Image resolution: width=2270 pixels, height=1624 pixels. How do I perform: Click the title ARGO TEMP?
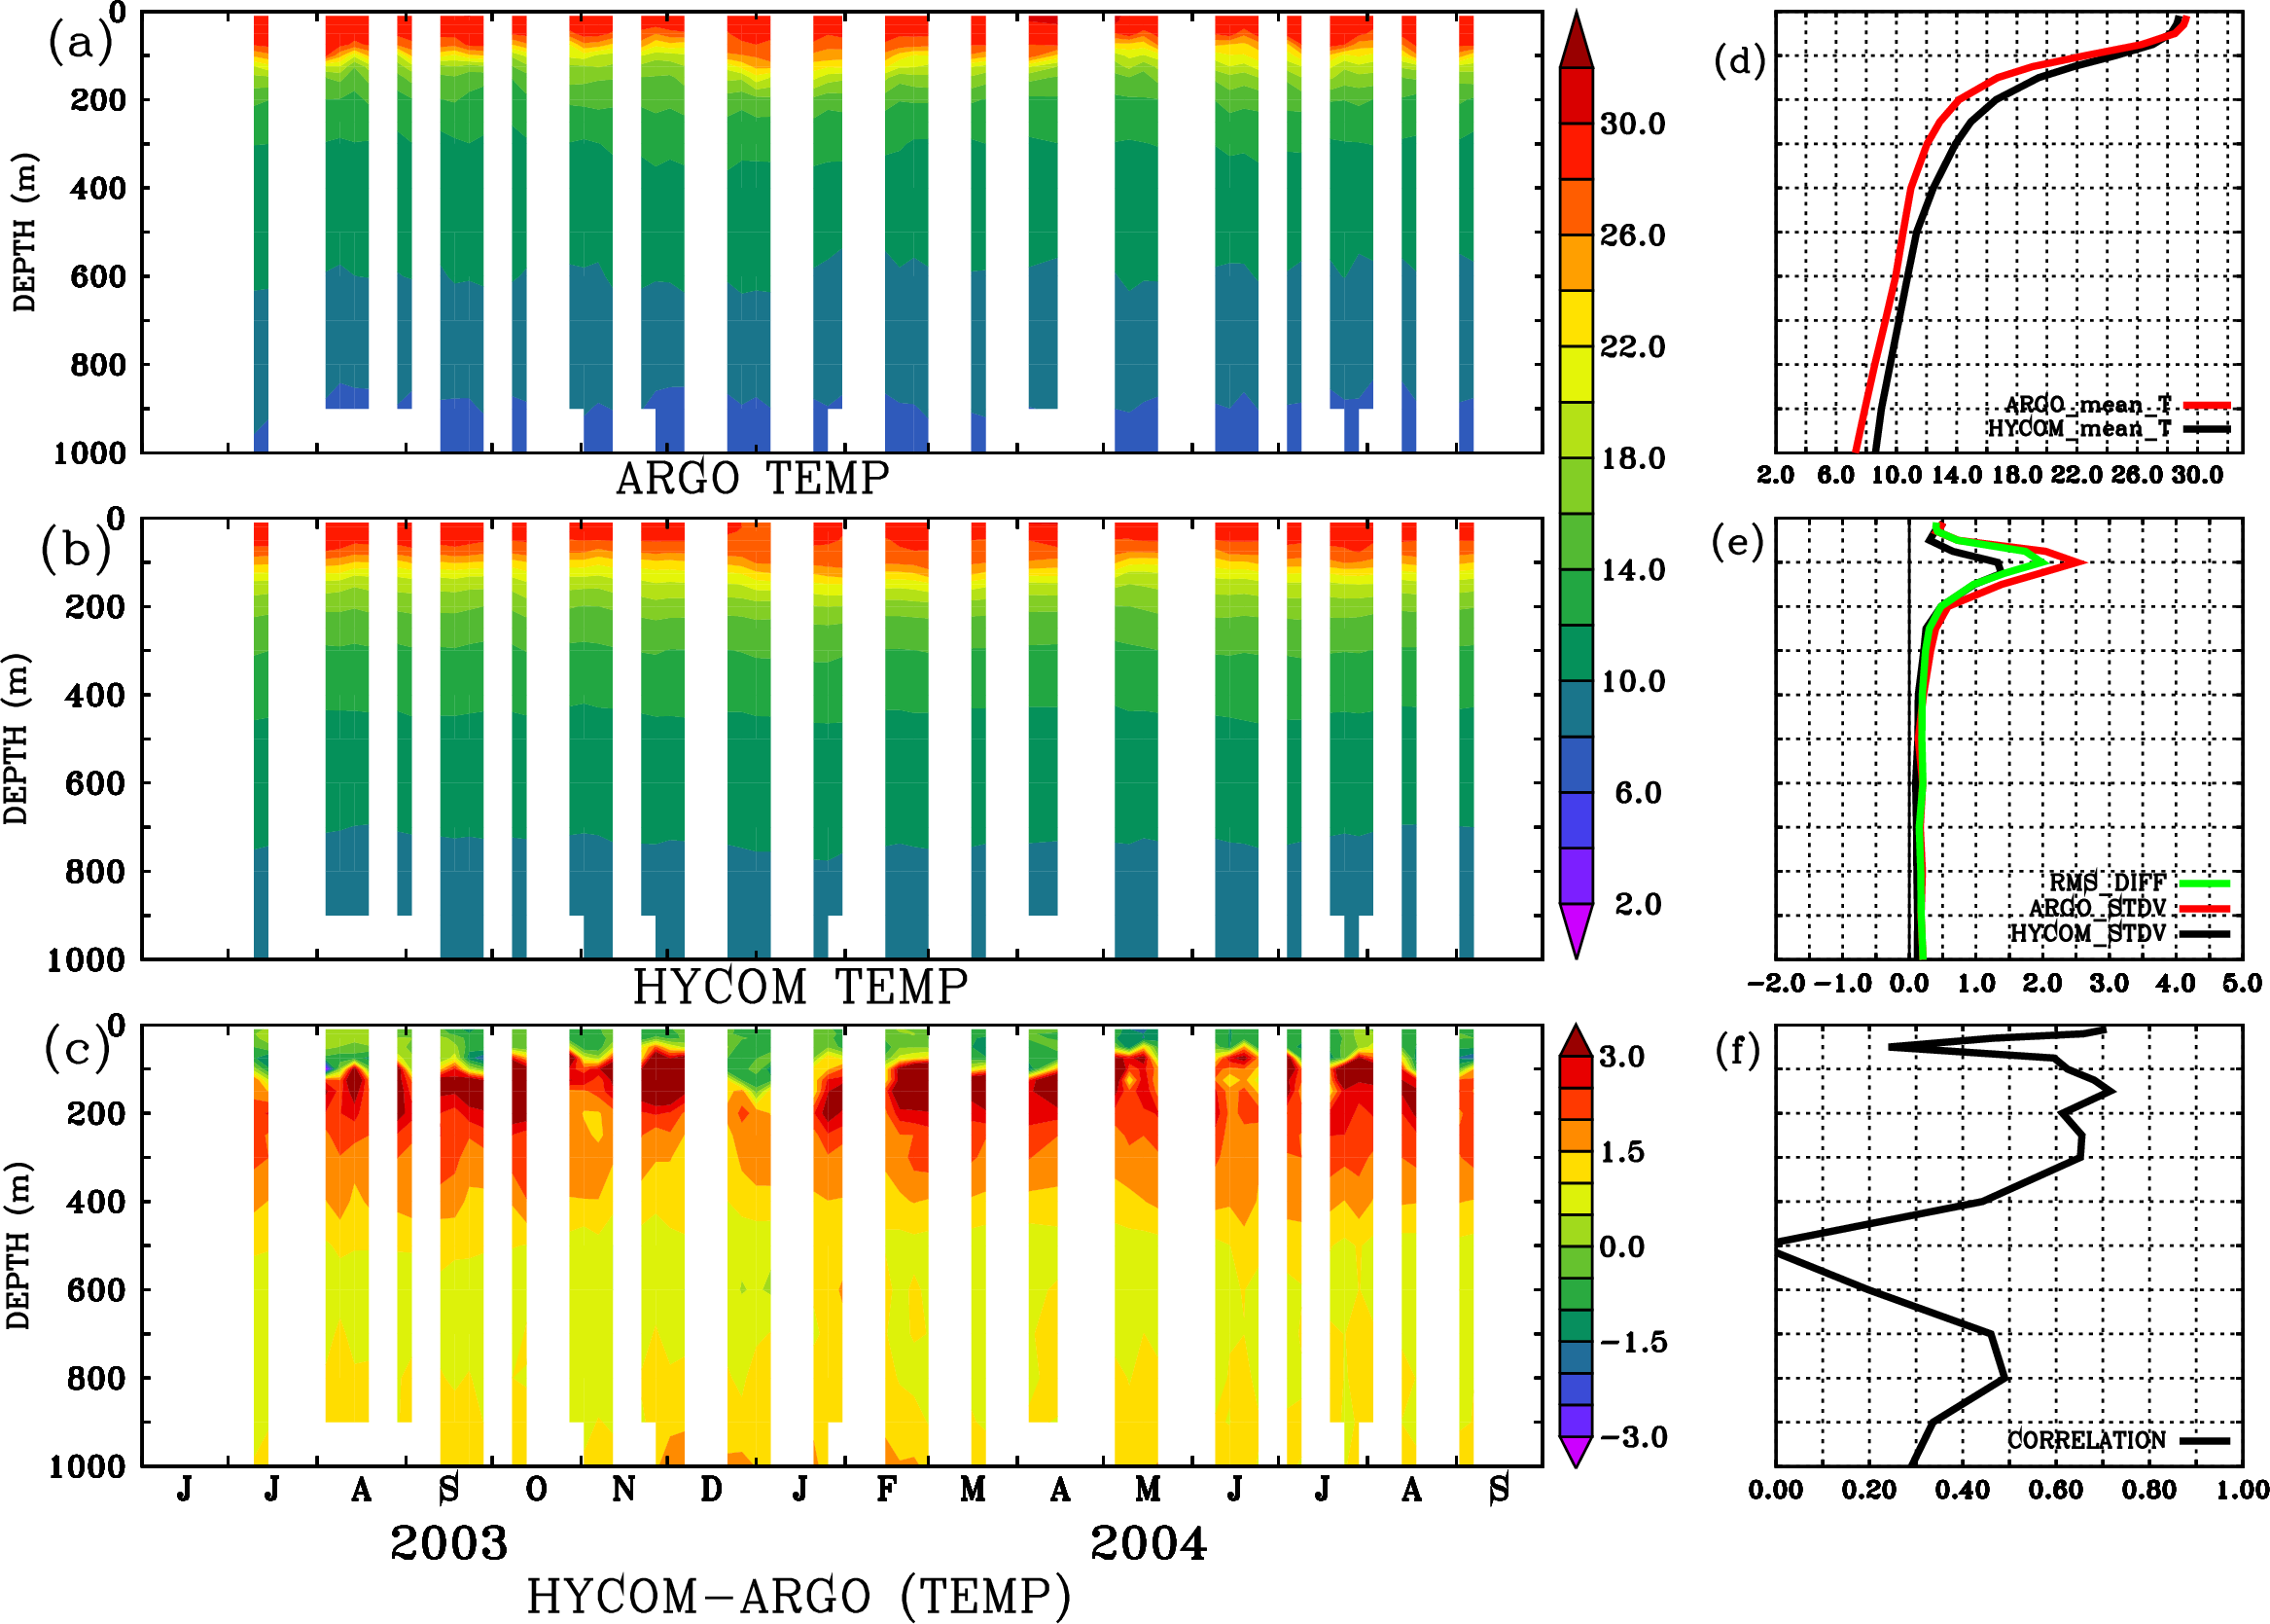coord(752,479)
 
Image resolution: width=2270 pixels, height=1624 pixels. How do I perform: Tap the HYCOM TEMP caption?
coord(799,987)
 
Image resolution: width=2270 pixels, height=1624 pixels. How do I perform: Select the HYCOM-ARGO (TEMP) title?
coord(798,1596)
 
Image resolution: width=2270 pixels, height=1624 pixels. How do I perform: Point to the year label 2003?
coord(448,1543)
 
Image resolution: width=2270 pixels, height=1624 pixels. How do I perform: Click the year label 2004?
coord(1149,1543)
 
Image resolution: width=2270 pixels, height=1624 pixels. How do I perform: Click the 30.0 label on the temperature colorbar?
coord(1632,124)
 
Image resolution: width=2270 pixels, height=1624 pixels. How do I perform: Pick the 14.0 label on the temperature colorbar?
coord(1632,570)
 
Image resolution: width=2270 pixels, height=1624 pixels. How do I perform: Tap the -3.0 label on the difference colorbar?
coord(1632,1437)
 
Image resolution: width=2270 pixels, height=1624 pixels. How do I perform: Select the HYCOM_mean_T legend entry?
coord(2080,428)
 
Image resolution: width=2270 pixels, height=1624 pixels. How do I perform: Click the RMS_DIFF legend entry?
coord(2107,883)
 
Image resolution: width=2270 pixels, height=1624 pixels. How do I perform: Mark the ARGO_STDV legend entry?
coord(2097,908)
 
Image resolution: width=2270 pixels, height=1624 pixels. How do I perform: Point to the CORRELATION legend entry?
coord(2087,1440)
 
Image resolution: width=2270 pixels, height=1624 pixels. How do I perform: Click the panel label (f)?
coord(1737,1051)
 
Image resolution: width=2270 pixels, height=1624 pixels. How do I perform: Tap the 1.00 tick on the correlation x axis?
coord(2242,1490)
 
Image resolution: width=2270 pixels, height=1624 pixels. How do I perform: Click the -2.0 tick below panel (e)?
coord(1775,983)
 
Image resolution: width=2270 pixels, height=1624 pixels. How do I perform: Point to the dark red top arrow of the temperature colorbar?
coord(1577,40)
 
